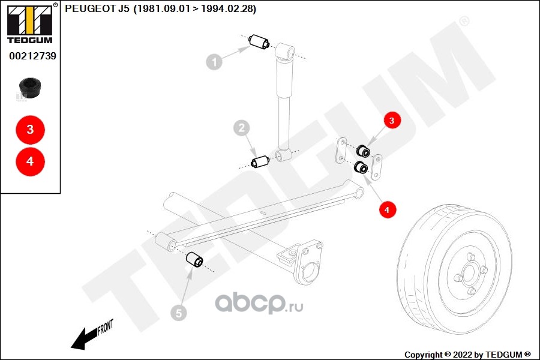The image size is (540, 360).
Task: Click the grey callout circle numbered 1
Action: point(214,61)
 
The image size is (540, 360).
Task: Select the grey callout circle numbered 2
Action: point(241,128)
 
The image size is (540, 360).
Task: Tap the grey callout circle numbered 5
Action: point(178,313)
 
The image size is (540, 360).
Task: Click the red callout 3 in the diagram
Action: point(392,121)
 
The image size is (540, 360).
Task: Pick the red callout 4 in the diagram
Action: point(387,210)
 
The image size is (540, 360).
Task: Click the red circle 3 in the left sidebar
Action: point(30,130)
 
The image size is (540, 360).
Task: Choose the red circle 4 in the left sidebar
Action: point(30,161)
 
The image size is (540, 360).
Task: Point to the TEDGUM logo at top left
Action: point(29,23)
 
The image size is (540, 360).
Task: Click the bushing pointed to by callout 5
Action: point(194,260)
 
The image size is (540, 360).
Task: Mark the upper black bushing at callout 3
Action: point(362,151)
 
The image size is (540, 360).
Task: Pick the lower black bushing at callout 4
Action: point(361,167)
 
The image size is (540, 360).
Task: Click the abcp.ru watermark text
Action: point(259,304)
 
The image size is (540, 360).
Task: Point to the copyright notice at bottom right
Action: point(467,354)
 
